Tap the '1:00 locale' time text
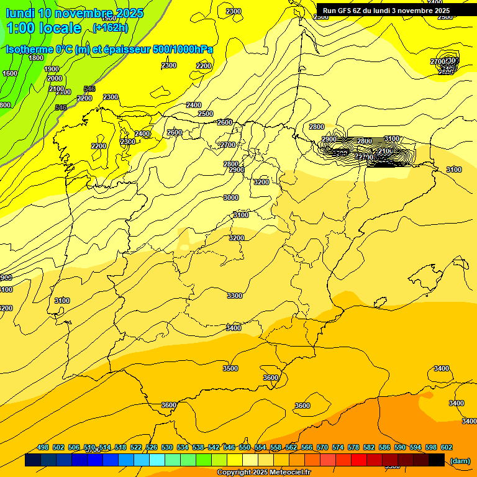pos(44,28)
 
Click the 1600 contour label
pos(10,73)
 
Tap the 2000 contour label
pos(55,78)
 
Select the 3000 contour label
pos(231,198)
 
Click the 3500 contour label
pos(230,368)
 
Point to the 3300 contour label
pos(235,296)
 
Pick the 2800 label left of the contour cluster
pos(317,127)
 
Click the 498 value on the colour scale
pos(43,447)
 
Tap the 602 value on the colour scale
pos(446,447)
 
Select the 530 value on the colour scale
pos(167,447)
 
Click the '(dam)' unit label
pos(460,461)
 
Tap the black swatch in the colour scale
pos(437,460)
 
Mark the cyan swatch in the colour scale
pos(157,460)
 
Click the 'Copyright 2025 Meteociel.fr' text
pos(263,473)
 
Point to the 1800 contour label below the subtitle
pos(36,58)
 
